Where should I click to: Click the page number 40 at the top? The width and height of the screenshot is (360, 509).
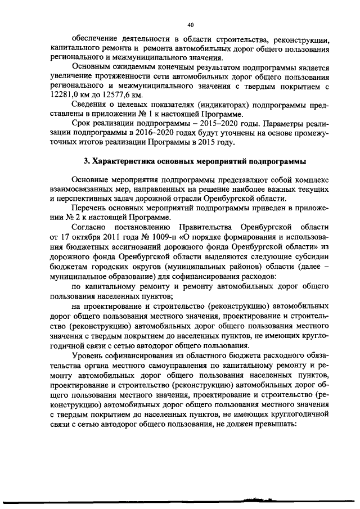point(190,25)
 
